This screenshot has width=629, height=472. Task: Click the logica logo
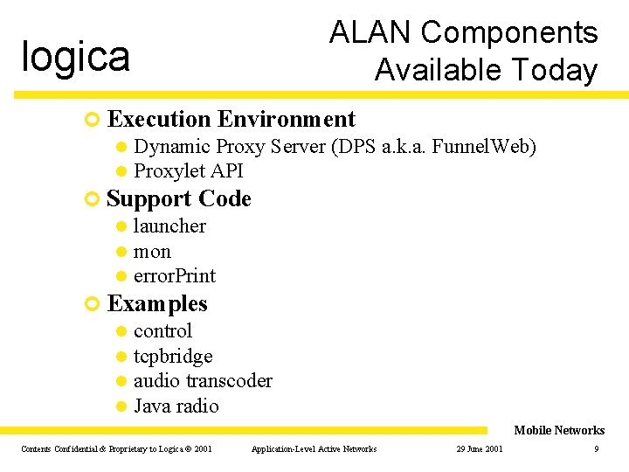pyautogui.click(x=76, y=57)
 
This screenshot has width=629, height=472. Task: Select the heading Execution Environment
pyautogui.click(x=231, y=119)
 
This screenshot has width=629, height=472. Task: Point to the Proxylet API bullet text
pyautogui.click(x=188, y=170)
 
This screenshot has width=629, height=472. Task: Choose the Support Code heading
pyautogui.click(x=179, y=199)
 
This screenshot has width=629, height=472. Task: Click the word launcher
pyautogui.click(x=169, y=226)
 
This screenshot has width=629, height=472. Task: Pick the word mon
pyautogui.click(x=152, y=252)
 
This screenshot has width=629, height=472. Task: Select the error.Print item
pyautogui.click(x=174, y=276)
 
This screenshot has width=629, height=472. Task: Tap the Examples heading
pyautogui.click(x=157, y=304)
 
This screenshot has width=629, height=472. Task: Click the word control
pyautogui.click(x=162, y=331)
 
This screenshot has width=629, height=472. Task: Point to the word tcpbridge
pyautogui.click(x=173, y=357)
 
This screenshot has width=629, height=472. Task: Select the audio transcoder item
pyautogui.click(x=203, y=381)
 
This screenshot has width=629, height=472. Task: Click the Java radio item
pyautogui.click(x=176, y=406)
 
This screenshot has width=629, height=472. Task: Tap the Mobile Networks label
pyautogui.click(x=559, y=430)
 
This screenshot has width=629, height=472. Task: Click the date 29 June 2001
pyautogui.click(x=479, y=449)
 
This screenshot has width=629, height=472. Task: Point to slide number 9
pyautogui.click(x=596, y=449)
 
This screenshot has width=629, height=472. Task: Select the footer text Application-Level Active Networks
pyautogui.click(x=314, y=449)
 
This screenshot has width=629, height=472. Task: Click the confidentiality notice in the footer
pyautogui.click(x=116, y=449)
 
